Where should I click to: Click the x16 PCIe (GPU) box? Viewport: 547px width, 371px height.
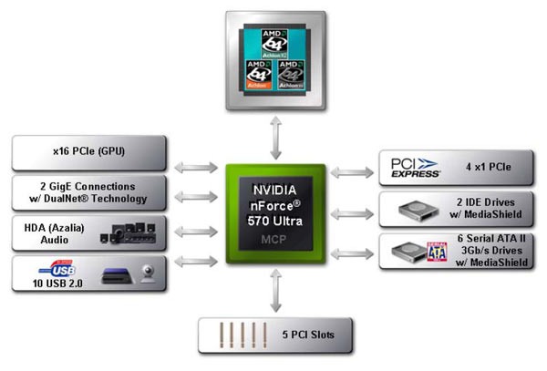(88, 151)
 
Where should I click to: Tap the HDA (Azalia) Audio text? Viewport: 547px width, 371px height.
(55, 232)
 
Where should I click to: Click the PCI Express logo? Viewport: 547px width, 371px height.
(415, 168)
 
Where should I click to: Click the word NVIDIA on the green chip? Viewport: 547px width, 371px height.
(273, 190)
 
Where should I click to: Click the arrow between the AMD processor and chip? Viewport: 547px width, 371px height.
(274, 138)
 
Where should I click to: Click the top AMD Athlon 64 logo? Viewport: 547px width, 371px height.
(274, 42)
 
